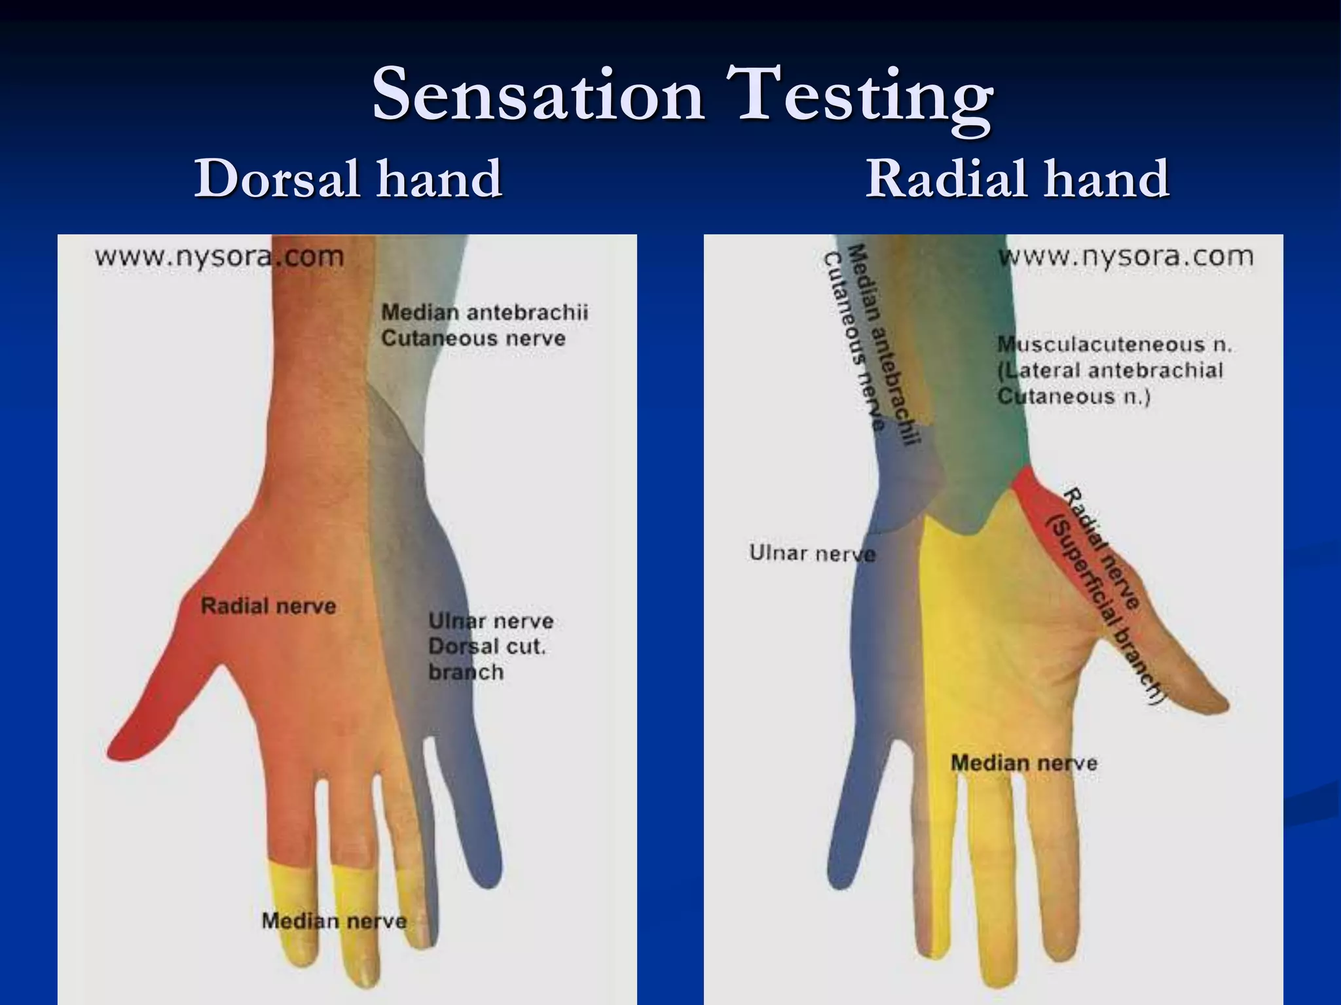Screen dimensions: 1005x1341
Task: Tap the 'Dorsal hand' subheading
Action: tap(348, 178)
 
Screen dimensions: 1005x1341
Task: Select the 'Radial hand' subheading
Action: tap(1017, 178)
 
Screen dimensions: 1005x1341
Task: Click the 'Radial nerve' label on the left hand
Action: tap(268, 606)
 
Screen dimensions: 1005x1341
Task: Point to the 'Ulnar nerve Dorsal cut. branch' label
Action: tap(490, 646)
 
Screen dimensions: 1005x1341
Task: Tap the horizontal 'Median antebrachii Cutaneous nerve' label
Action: tap(485, 325)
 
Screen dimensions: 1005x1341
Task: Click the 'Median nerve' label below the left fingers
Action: tap(334, 921)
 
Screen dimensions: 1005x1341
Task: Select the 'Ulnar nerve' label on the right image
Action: tap(812, 554)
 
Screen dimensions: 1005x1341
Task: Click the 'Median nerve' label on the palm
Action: tap(1024, 763)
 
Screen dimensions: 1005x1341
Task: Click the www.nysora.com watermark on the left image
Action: tap(219, 256)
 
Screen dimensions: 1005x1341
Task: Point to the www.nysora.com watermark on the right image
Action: tap(1126, 256)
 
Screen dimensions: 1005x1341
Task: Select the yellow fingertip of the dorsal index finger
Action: tap(288, 916)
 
